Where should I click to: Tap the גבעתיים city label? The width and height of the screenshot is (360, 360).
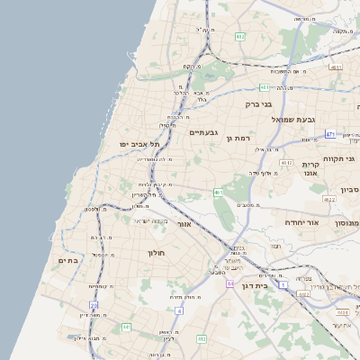(203, 132)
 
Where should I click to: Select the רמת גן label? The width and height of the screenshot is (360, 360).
(237, 138)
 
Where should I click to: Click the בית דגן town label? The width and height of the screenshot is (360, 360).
(256, 284)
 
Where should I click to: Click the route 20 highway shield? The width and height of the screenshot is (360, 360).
(94, 306)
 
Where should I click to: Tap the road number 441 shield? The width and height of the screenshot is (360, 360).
(126, 327)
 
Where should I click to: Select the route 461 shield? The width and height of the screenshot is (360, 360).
(219, 192)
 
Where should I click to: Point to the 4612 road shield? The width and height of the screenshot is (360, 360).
(286, 163)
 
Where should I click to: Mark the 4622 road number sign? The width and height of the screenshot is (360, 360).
(329, 200)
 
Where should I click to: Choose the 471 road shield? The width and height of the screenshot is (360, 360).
(330, 134)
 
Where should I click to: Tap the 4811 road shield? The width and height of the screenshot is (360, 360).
(336, 67)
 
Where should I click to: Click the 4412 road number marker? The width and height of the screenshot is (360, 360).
(202, 339)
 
